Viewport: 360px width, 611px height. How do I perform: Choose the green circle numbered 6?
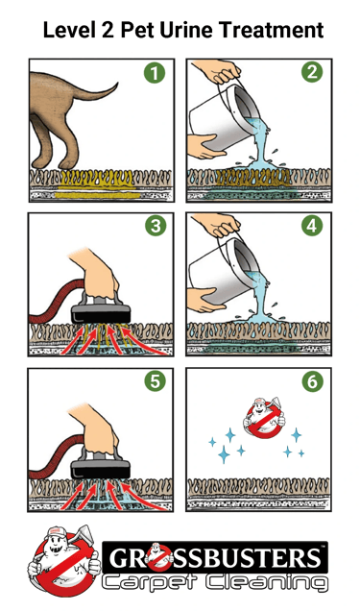(x=312, y=382)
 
